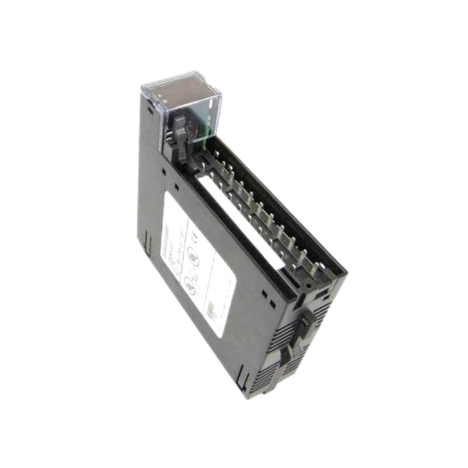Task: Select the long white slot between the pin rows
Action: [x=246, y=222]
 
